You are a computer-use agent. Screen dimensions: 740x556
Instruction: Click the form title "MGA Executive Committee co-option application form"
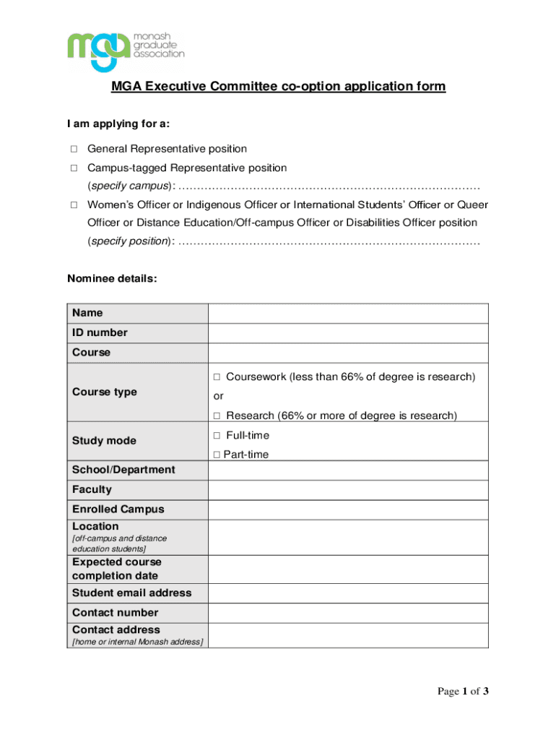pyautogui.click(x=278, y=87)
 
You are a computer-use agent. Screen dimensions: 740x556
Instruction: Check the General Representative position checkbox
pyautogui.click(x=74, y=149)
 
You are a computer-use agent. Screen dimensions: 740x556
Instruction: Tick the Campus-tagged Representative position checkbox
pyautogui.click(x=74, y=168)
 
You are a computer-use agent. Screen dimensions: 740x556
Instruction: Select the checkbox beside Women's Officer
pyautogui.click(x=74, y=205)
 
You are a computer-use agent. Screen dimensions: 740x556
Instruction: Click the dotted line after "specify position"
pyautogui.click(x=329, y=241)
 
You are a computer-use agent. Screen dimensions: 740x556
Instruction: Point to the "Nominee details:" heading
pyautogui.click(x=111, y=278)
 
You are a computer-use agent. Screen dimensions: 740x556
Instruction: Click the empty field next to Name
pyautogui.click(x=348, y=313)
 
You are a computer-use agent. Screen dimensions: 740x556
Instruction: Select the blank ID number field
pyautogui.click(x=348, y=333)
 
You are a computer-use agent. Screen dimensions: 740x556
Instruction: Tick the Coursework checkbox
pyautogui.click(x=217, y=377)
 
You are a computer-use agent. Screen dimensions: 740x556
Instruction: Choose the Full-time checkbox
pyautogui.click(x=217, y=436)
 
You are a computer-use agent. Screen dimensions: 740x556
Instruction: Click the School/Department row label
pyautogui.click(x=123, y=470)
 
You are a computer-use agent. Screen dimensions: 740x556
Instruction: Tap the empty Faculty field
pyautogui.click(x=348, y=490)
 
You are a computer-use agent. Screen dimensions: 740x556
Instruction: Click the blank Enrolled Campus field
pyautogui.click(x=348, y=509)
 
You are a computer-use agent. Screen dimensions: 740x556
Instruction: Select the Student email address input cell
pyautogui.click(x=348, y=593)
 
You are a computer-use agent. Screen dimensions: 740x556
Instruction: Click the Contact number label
pyautogui.click(x=115, y=613)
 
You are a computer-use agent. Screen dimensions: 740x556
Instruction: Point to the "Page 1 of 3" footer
pyautogui.click(x=463, y=692)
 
